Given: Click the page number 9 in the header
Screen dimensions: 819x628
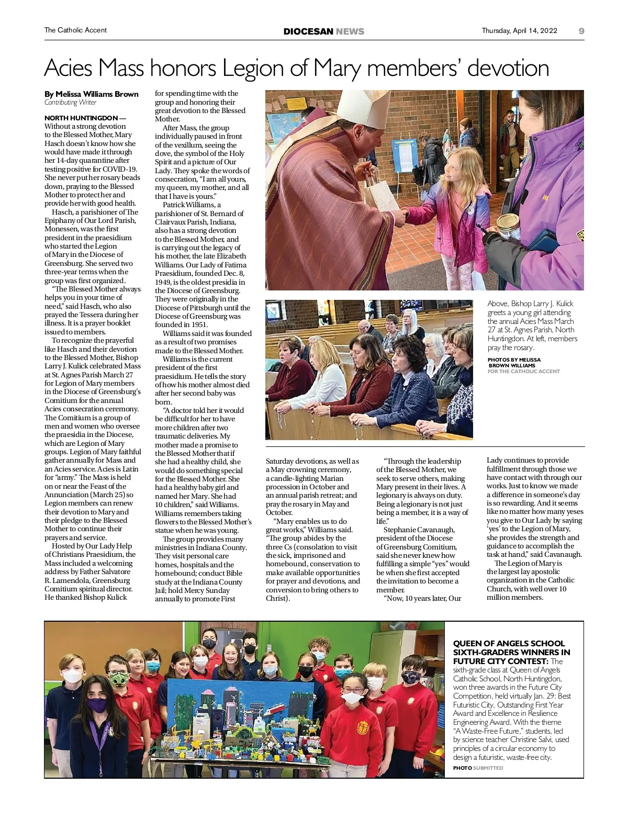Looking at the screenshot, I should tap(581, 30).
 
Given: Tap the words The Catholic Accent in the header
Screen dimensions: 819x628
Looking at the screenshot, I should tap(75, 30).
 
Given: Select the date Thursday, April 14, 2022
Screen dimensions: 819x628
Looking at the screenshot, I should tap(519, 30).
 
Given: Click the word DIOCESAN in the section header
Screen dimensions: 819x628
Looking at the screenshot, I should tap(308, 31).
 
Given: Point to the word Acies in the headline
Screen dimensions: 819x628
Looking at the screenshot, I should tap(69, 69).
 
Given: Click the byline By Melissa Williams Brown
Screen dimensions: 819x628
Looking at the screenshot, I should tap(92, 94).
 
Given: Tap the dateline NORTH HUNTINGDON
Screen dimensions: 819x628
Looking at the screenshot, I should tap(81, 118).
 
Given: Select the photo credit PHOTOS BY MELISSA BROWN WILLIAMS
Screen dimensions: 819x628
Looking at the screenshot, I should tap(514, 362).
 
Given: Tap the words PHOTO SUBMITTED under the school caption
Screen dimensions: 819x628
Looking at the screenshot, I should tap(478, 768).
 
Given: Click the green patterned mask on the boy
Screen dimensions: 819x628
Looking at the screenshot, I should tap(117, 680).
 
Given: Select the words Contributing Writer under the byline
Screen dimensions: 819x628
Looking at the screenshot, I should tap(70, 103).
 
